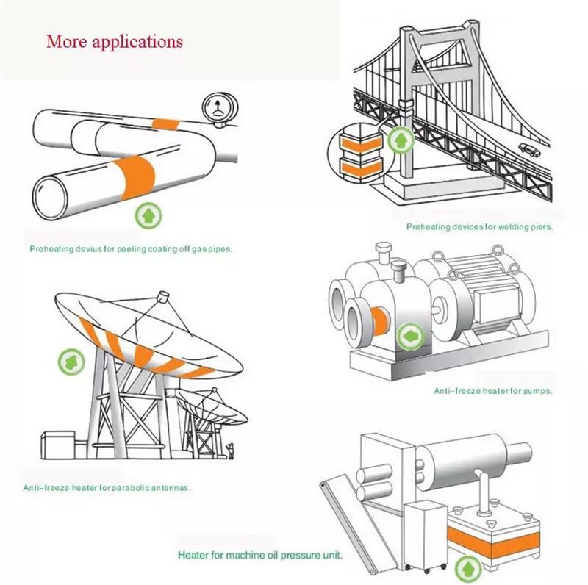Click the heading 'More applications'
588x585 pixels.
coord(115,42)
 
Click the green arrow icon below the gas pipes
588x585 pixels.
coord(148,215)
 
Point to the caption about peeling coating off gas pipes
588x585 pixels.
coord(132,249)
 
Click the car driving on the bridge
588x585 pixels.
coord(529,149)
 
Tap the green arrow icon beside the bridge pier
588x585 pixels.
coord(401,140)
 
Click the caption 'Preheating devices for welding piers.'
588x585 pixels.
coord(480,227)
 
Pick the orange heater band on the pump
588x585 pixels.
coord(380,322)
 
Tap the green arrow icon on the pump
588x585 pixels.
coord(411,337)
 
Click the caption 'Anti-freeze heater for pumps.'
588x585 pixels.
coord(493,391)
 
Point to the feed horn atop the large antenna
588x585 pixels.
coord(163,297)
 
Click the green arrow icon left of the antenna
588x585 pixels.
coord(71,362)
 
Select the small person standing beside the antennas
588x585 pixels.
coord(231,451)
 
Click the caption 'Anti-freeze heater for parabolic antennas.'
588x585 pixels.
coord(107,488)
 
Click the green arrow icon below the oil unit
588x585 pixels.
coord(468,569)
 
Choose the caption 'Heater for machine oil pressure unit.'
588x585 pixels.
coord(260,555)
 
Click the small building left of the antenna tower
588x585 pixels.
coord(58,445)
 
